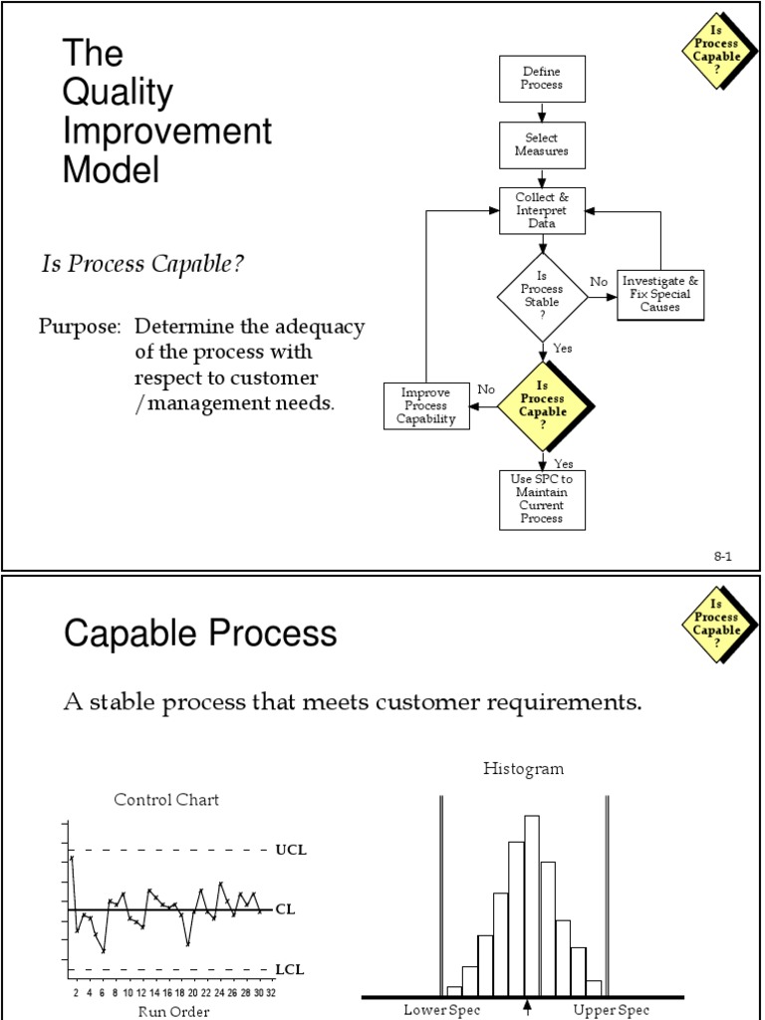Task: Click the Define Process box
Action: click(x=542, y=79)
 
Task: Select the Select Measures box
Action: click(x=542, y=145)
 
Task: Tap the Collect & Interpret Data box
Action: click(x=542, y=210)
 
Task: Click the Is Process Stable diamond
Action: click(x=542, y=296)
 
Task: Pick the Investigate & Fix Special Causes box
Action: click(x=660, y=295)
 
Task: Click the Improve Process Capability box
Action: click(x=427, y=406)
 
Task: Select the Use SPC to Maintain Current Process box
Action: click(x=542, y=499)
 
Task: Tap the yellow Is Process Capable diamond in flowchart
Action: click(x=543, y=404)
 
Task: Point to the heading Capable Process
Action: click(x=200, y=634)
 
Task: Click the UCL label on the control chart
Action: click(x=291, y=851)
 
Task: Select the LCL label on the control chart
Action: click(x=290, y=969)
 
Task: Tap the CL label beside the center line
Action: click(x=285, y=909)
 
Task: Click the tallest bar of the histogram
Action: click(x=532, y=904)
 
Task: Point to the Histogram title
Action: click(x=523, y=768)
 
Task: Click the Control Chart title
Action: click(x=166, y=799)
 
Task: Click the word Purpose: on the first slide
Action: click(x=81, y=327)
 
